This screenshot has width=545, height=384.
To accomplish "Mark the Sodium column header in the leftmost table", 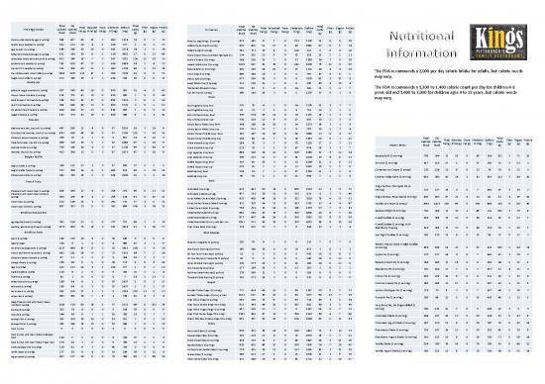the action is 120,15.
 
